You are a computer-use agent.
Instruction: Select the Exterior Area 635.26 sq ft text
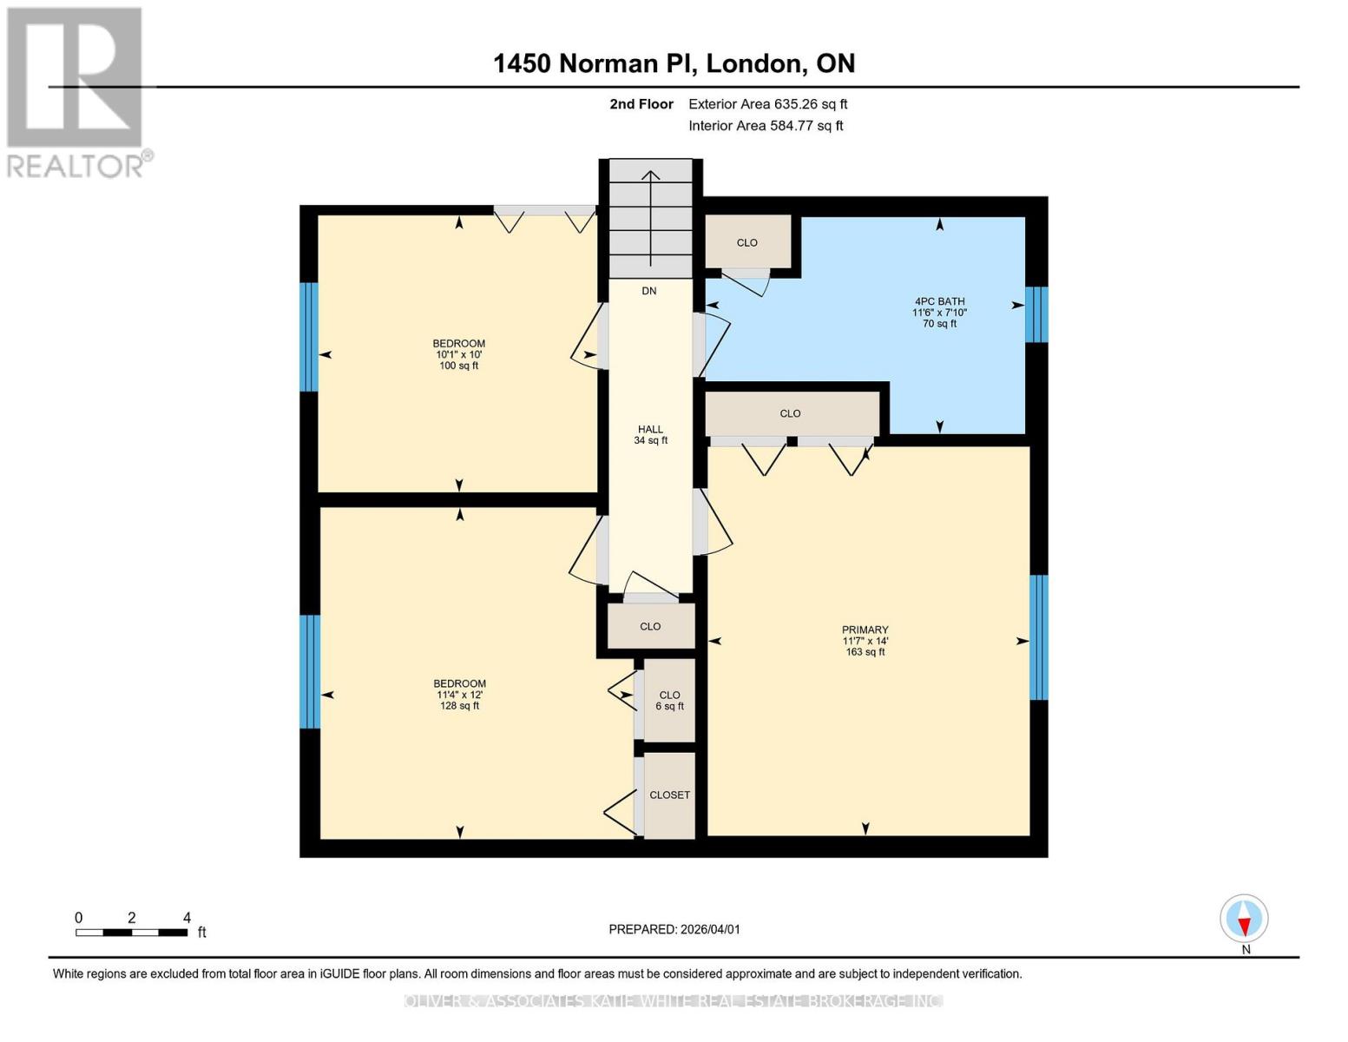point(767,104)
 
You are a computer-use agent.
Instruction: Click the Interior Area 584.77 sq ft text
point(766,126)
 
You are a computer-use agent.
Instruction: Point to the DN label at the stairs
point(649,291)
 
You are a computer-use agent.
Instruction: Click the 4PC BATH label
point(939,301)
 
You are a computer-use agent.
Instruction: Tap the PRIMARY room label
point(865,630)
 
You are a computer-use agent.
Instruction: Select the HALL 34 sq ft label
point(650,434)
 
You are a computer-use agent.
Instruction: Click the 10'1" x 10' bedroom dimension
point(458,354)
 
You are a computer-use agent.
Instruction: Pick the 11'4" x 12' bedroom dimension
point(459,695)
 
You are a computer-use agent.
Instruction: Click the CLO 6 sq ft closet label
point(669,700)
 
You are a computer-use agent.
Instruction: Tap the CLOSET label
point(669,795)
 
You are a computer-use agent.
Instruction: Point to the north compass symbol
point(1244,919)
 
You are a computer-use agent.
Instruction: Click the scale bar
point(131,933)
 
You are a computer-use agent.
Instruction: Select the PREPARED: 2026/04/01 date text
point(674,929)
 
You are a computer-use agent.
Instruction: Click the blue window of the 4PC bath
point(1036,314)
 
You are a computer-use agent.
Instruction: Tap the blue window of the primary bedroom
point(1038,637)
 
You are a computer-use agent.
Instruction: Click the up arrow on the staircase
point(650,217)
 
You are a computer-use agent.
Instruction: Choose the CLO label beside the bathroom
point(746,242)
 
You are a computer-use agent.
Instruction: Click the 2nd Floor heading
point(641,104)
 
